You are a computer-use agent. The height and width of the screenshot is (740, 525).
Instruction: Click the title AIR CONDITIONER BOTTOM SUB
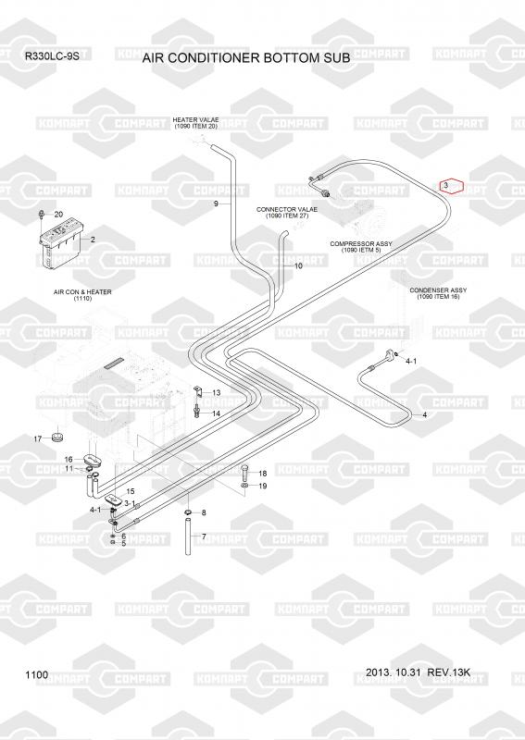pyautogui.click(x=246, y=58)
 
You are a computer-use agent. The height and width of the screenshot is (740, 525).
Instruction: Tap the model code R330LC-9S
pyautogui.click(x=52, y=55)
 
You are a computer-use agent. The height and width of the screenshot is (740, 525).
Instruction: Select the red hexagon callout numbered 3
pyautogui.click(x=452, y=186)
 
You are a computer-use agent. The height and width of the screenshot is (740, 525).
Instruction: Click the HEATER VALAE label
pyautogui.click(x=195, y=120)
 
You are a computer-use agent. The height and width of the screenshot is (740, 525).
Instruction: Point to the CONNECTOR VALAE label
pyautogui.click(x=287, y=209)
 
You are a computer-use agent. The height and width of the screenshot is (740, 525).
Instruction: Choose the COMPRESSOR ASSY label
pyautogui.click(x=361, y=243)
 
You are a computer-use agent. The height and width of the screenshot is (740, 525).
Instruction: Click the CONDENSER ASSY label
pyautogui.click(x=438, y=290)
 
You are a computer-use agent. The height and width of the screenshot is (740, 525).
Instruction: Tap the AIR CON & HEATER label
pyautogui.click(x=82, y=292)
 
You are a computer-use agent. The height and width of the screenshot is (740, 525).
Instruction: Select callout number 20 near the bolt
pyautogui.click(x=58, y=215)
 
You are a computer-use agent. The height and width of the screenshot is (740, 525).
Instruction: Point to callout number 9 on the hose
pyautogui.click(x=216, y=203)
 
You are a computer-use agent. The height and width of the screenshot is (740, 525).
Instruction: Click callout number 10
pyautogui.click(x=298, y=266)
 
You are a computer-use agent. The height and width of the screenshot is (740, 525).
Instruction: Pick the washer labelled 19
pyautogui.click(x=244, y=486)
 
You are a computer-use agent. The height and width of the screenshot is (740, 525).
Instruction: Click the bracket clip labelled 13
pyautogui.click(x=199, y=391)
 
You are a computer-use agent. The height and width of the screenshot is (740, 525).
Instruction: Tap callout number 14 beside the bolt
pyautogui.click(x=216, y=413)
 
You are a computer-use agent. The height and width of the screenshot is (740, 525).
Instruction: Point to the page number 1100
pyautogui.click(x=36, y=675)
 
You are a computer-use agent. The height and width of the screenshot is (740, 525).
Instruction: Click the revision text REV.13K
pyautogui.click(x=448, y=672)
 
